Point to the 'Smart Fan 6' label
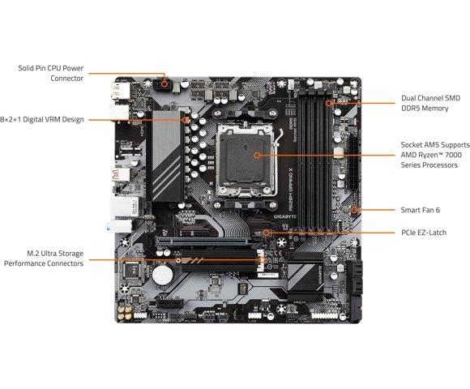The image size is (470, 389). tap(421, 209)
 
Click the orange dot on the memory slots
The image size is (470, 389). tap(328, 103)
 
